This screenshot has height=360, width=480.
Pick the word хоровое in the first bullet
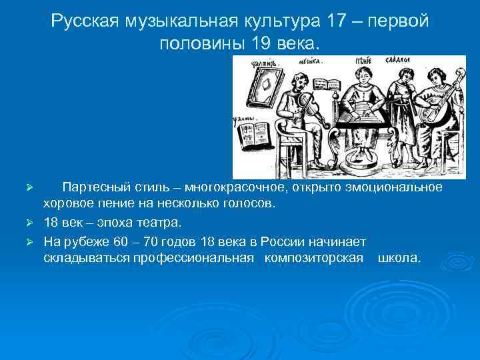(67, 203)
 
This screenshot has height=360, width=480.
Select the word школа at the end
(399, 257)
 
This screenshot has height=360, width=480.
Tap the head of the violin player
(300, 77)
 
